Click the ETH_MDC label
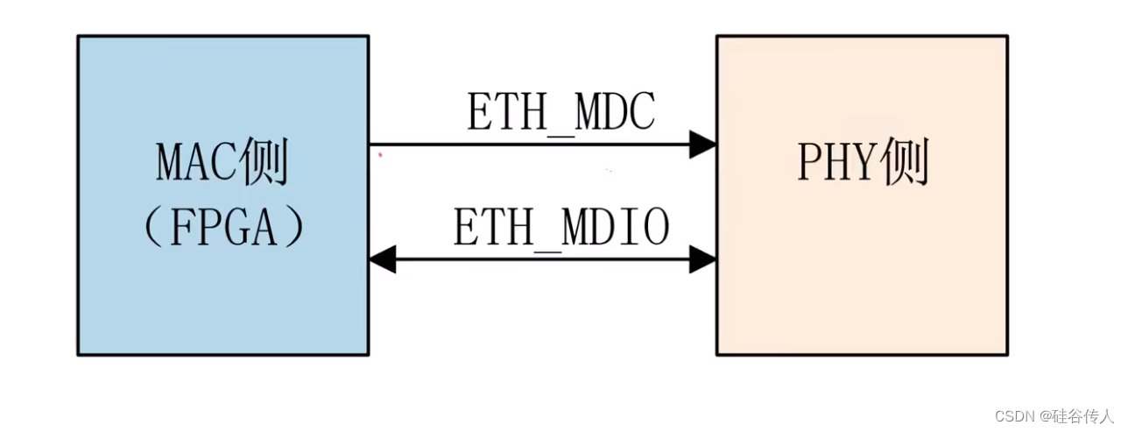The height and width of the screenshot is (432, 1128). pos(561,113)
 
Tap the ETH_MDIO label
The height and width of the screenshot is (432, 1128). pos(561,228)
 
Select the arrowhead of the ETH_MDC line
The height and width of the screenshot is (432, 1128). pos(702,145)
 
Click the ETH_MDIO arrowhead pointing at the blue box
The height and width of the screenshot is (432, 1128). pos(383,258)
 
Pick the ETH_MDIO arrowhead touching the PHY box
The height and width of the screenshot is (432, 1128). pos(702,258)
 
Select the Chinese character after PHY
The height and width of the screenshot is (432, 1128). pos(905,163)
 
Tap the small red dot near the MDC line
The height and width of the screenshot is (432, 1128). pos(380,155)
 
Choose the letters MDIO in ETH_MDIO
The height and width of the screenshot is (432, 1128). pos(624,228)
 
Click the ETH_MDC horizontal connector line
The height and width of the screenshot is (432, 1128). pos(525,145)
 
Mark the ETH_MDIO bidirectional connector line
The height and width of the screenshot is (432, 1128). pos(543,258)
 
